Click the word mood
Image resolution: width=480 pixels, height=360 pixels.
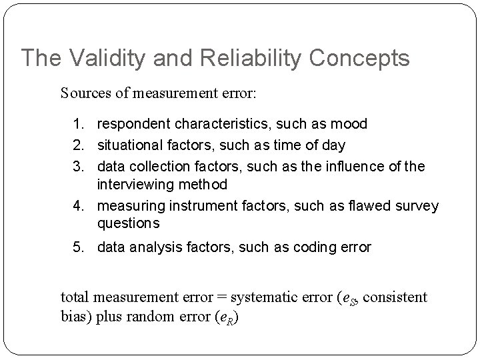[x=350, y=124]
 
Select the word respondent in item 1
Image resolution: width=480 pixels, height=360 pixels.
[x=133, y=124]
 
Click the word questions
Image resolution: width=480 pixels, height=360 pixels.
[x=129, y=223]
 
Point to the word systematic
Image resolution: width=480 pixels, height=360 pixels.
[x=260, y=297]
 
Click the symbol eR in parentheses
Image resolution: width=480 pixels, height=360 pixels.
[x=228, y=316]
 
